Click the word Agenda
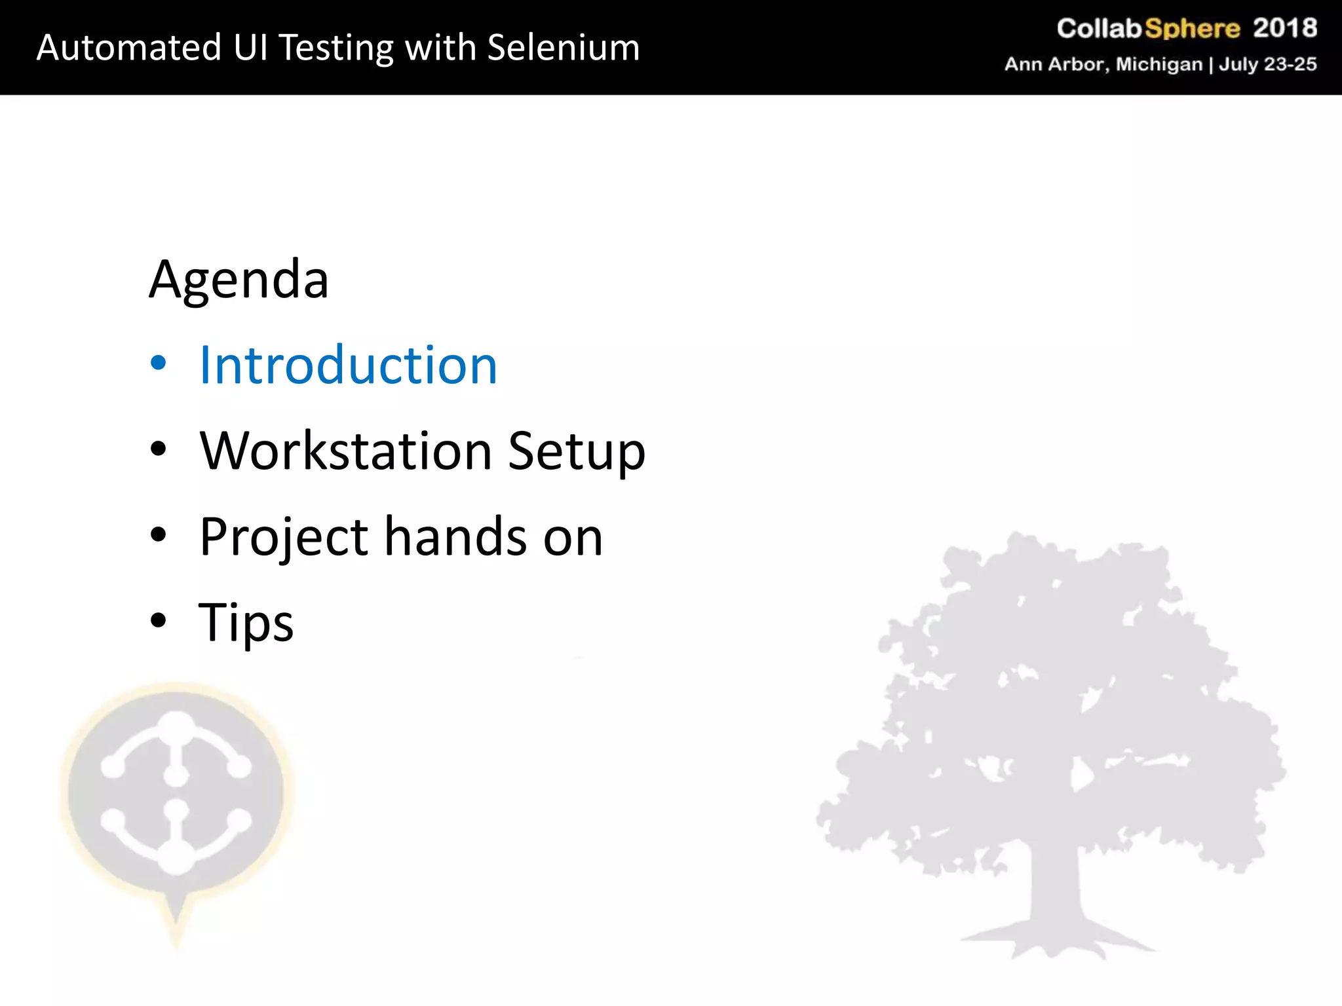coord(239,280)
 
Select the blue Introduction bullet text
coord(348,365)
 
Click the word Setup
coord(576,452)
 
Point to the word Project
coord(284,537)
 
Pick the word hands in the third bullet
coord(455,537)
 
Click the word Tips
coord(246,622)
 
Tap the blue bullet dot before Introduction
coord(158,363)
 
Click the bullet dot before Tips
coord(158,620)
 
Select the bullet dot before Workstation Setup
coord(158,449)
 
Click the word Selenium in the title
coord(564,48)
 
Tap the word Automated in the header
coord(129,48)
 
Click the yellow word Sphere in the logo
coord(1192,29)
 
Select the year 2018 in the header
coord(1284,28)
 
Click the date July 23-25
coord(1267,64)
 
